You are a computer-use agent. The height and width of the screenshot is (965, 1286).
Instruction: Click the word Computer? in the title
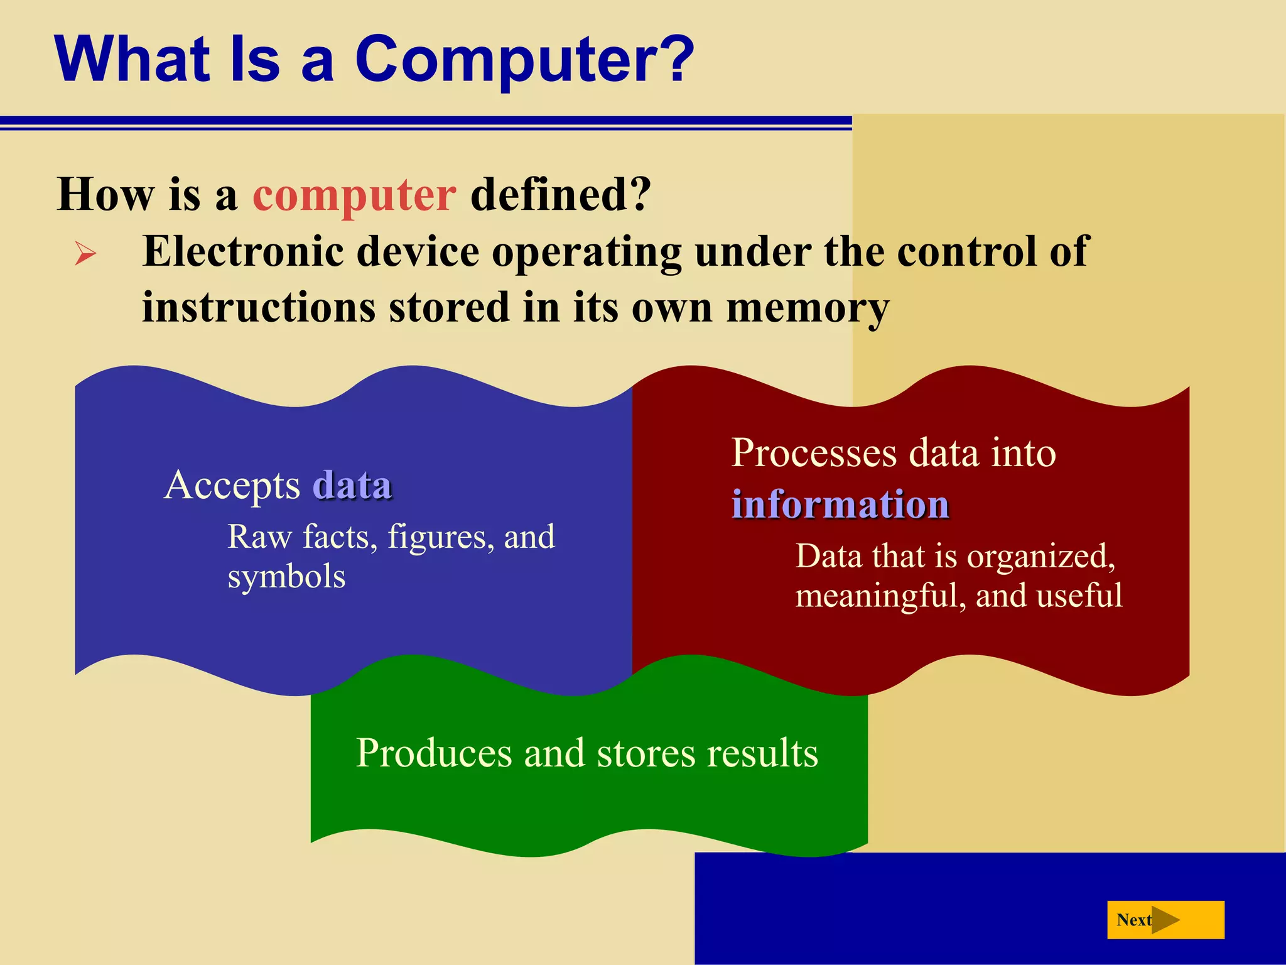(x=524, y=60)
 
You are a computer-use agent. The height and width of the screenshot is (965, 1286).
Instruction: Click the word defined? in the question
(x=561, y=195)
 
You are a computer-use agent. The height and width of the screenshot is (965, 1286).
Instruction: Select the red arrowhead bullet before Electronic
(x=85, y=254)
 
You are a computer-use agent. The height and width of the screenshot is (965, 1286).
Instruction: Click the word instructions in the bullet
(x=259, y=308)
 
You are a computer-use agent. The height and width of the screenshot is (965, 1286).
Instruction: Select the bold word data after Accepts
(x=352, y=486)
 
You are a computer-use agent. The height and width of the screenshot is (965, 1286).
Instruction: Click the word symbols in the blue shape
(x=286, y=577)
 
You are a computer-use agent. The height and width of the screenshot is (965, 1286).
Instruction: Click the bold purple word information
(x=840, y=504)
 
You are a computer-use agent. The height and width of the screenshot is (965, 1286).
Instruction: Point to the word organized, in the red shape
(x=1040, y=557)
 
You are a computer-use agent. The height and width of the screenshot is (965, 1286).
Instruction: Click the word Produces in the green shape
(x=434, y=753)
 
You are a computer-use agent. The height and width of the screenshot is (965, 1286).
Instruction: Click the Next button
(x=1165, y=920)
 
